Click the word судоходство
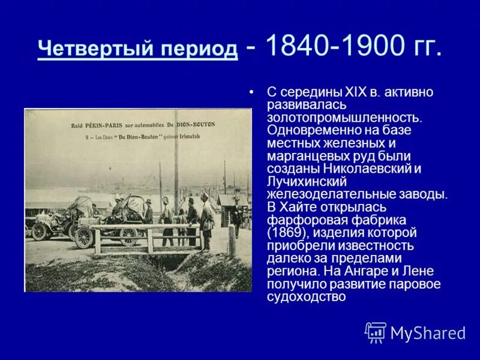(306, 296)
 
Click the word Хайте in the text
(298, 206)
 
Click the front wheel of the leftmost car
(40, 230)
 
